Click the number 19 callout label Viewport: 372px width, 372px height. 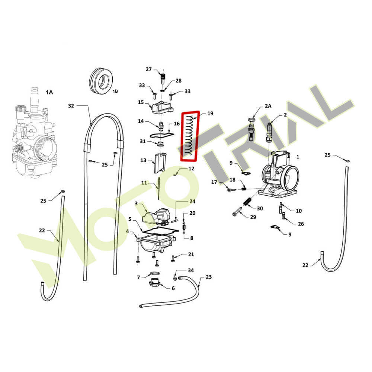[210, 113]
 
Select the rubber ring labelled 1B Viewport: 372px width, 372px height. [101, 81]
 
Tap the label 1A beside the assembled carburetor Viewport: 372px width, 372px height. [49, 92]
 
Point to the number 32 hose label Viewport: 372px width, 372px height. [71, 106]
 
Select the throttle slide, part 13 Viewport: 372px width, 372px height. [160, 163]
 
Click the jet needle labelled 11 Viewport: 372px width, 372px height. [158, 188]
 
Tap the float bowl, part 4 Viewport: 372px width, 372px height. [156, 244]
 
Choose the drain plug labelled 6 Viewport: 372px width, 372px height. [155, 283]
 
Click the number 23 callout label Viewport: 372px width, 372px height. [209, 277]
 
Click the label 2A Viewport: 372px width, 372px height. [268, 106]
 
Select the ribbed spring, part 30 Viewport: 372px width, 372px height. [247, 201]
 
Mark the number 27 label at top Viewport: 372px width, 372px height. [148, 69]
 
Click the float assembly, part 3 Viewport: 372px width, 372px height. [156, 216]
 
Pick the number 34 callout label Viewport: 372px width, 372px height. [191, 270]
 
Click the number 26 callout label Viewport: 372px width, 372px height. [301, 224]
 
